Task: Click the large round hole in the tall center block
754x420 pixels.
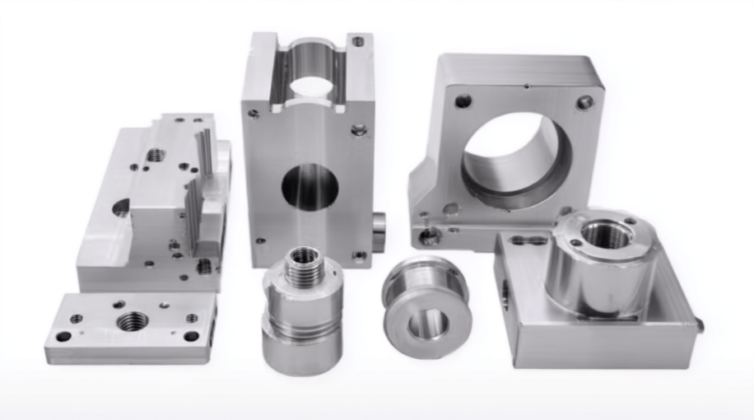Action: coord(310,186)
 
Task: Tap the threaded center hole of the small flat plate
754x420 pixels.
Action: coord(132,321)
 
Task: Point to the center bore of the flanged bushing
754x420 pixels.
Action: coord(428,324)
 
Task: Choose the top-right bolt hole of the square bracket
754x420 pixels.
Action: coord(584,102)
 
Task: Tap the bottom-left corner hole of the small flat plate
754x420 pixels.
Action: coord(63,336)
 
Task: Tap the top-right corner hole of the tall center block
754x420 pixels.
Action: coord(359,40)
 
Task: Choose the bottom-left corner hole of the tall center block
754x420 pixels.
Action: coord(260,242)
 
